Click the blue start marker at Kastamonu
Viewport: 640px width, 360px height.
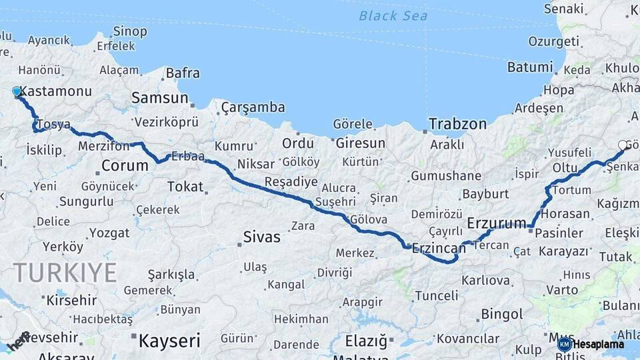[17, 92]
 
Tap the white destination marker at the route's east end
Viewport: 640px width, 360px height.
[623, 145]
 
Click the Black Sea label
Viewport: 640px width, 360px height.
[393, 15]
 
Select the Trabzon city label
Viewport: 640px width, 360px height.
[457, 124]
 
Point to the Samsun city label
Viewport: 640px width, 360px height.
[159, 98]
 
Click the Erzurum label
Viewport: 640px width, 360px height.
[497, 223]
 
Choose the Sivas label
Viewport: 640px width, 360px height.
[261, 237]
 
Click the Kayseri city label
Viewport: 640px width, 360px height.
[169, 341]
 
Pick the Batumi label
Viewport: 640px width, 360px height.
[530, 67]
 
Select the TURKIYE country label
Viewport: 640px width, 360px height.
[65, 273]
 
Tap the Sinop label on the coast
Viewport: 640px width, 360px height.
[130, 31]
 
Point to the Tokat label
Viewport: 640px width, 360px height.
[185, 187]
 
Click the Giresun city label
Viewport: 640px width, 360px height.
[360, 143]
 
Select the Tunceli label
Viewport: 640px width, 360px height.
[436, 295]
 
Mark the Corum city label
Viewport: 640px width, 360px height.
[125, 165]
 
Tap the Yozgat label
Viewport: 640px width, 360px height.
[109, 233]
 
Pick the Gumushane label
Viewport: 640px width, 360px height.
[445, 176]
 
